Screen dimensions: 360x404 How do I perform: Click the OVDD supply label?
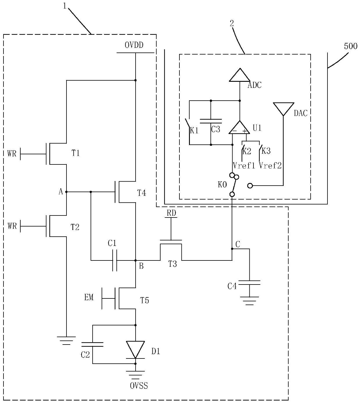[134, 45]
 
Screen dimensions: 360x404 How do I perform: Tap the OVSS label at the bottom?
[139, 386]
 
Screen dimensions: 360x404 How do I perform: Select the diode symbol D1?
[135, 350]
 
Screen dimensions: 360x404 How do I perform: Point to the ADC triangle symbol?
[240, 75]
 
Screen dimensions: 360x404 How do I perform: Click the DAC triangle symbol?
[284, 109]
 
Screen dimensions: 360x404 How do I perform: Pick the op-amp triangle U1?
[239, 127]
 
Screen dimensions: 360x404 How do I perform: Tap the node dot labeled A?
[66, 192]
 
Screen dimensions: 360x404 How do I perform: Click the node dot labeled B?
[136, 260]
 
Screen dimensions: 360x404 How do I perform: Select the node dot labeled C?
[232, 249]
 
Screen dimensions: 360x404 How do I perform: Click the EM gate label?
[89, 297]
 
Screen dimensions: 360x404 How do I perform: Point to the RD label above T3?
[172, 213]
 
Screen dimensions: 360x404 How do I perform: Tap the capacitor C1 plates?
[115, 260]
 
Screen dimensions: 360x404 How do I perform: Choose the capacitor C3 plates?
[211, 121]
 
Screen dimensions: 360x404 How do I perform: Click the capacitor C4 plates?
[249, 283]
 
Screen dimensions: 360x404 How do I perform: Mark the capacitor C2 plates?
[92, 344]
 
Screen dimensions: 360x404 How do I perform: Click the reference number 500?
[351, 46]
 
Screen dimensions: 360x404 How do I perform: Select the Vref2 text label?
[270, 166]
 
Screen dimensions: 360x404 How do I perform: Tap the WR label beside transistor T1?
[12, 153]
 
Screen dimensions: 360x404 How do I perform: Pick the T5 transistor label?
[145, 300]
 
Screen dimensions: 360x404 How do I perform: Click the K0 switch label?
[222, 185]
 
